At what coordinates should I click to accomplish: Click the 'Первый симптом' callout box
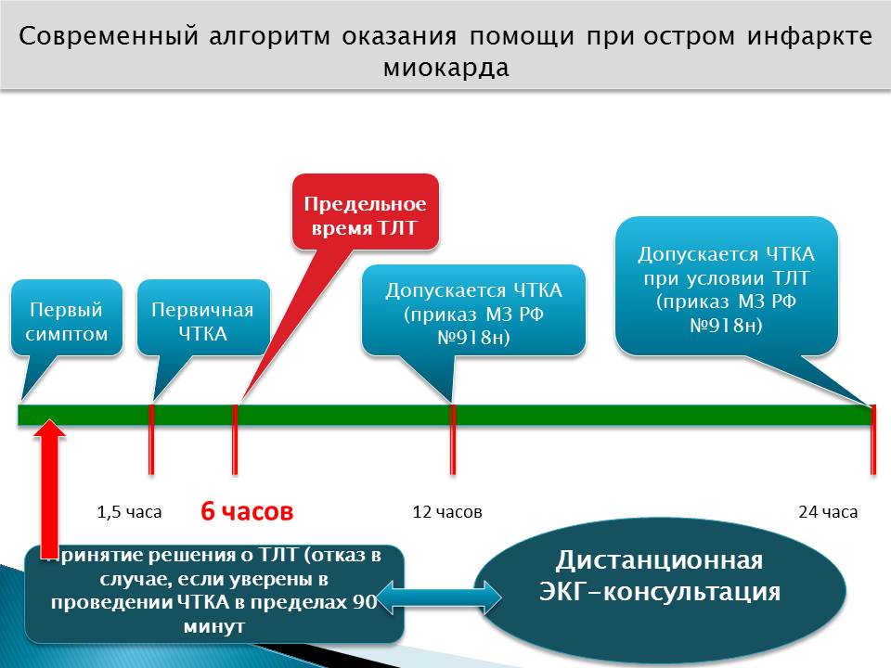[67, 317]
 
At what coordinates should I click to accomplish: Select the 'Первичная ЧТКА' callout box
[202, 317]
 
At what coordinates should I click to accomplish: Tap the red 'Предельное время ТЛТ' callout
[366, 212]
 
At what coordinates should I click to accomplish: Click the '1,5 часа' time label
[129, 511]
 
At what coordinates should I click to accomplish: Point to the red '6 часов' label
[247, 511]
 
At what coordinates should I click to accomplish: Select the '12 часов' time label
[447, 511]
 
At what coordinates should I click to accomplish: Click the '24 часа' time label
[828, 511]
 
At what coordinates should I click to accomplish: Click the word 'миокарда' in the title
[445, 69]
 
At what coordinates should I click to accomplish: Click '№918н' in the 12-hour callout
[474, 339]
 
